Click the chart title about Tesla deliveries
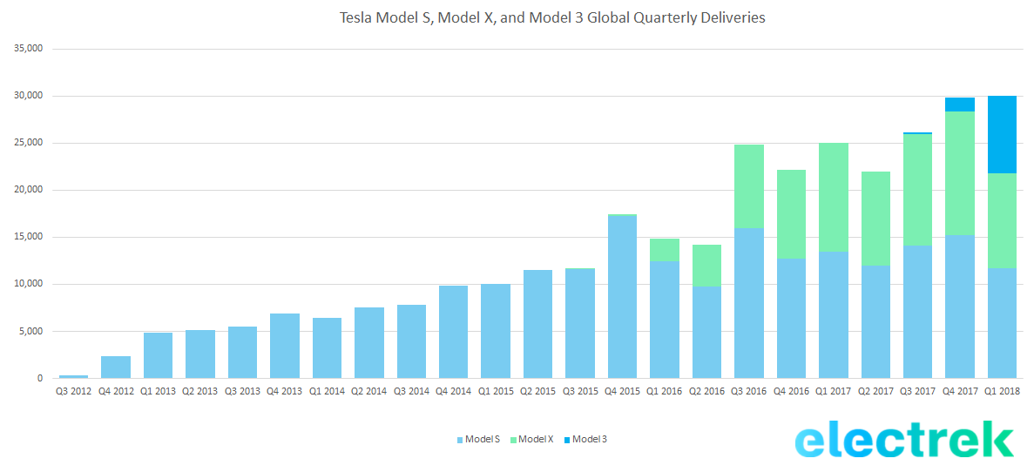(552, 17)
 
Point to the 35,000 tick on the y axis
(29, 49)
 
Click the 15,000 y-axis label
(29, 237)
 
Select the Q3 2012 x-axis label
(73, 392)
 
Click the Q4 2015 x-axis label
(622, 392)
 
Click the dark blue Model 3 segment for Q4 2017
(959, 105)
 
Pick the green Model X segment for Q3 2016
(748, 186)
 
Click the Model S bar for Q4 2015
(622, 296)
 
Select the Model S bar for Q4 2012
(116, 367)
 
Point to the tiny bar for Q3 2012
(73, 376)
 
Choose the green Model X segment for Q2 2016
(706, 266)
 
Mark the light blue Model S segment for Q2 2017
(875, 322)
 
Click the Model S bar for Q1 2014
(327, 347)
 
